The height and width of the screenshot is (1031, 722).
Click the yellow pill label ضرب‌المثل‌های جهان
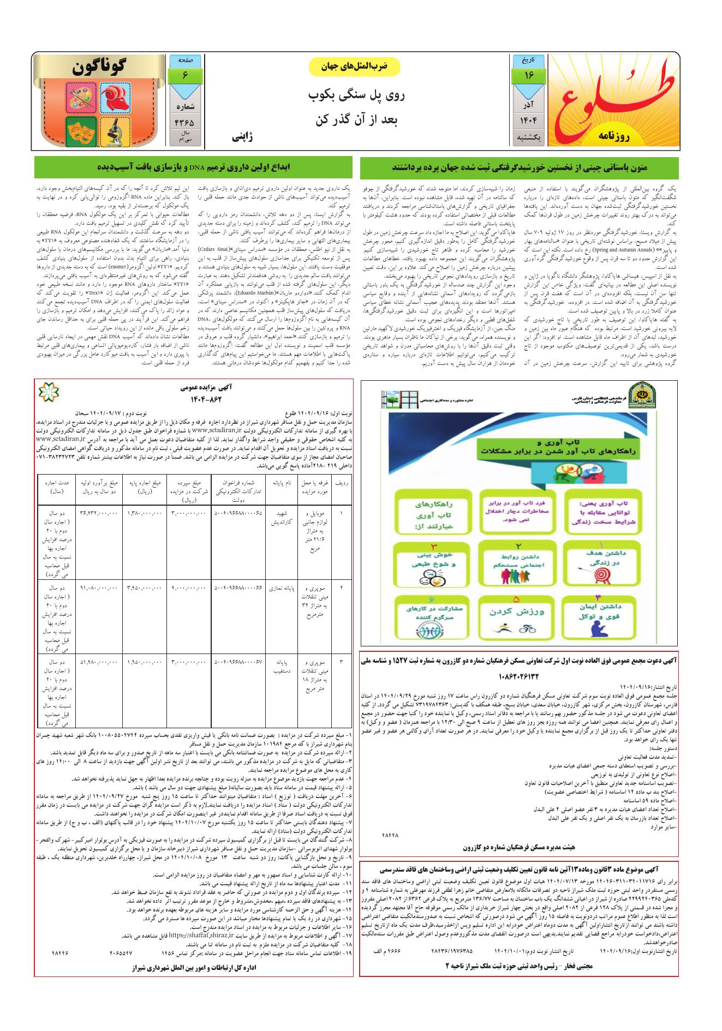pyautogui.click(x=355, y=67)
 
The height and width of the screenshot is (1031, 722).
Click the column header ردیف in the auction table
pyautogui.click(x=342, y=483)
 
